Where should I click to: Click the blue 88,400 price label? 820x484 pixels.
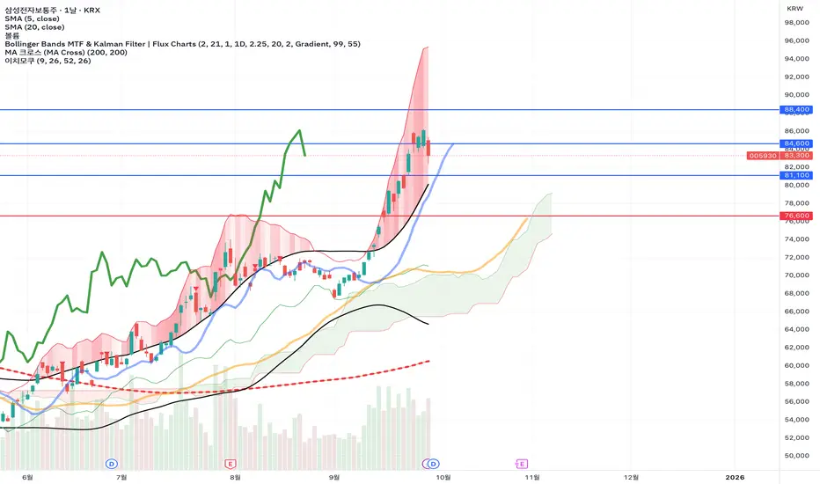pyautogui.click(x=794, y=110)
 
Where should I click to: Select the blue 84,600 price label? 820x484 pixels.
pyautogui.click(x=794, y=143)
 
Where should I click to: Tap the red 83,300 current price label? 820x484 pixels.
pyautogui.click(x=794, y=155)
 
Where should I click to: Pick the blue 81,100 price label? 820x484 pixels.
pyautogui.click(x=794, y=175)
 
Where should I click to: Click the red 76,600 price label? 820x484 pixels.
pyautogui.click(x=794, y=216)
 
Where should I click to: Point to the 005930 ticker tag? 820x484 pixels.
pyautogui.click(x=762, y=155)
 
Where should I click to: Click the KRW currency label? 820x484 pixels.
pyautogui.click(x=794, y=8)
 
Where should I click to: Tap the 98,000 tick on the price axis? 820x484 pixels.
pyautogui.click(x=794, y=23)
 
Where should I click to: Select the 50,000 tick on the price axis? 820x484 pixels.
pyautogui.click(x=794, y=455)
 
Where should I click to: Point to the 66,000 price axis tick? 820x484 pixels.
pyautogui.click(x=794, y=311)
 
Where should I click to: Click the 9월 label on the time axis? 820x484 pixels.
pyautogui.click(x=333, y=476)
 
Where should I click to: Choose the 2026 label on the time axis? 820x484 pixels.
pyautogui.click(x=734, y=476)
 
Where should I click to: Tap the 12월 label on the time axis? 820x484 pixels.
pyautogui.click(x=631, y=476)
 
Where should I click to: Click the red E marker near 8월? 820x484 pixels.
pyautogui.click(x=231, y=463)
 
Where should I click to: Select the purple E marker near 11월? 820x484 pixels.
pyautogui.click(x=522, y=463)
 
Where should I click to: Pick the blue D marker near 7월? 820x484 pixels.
pyautogui.click(x=112, y=463)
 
